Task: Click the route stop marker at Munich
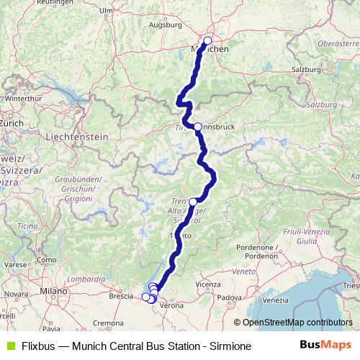(x=208, y=41)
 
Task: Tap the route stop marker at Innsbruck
(x=198, y=127)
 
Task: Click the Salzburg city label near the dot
(x=306, y=69)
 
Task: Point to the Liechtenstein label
(x=76, y=136)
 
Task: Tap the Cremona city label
(x=108, y=323)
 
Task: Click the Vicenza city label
(x=207, y=284)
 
